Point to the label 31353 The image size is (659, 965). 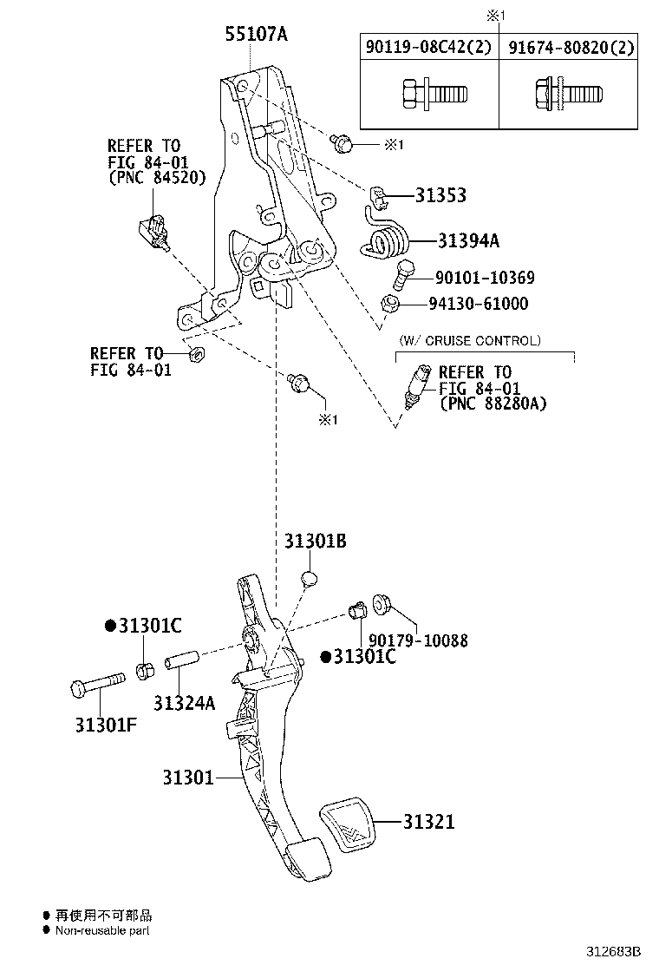click(x=440, y=195)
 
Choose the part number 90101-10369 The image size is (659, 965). click(x=485, y=278)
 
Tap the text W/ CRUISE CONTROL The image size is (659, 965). click(x=470, y=340)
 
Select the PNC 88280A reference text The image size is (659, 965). click(x=493, y=404)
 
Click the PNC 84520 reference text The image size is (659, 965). click(x=157, y=178)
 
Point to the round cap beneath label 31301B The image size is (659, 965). click(x=309, y=579)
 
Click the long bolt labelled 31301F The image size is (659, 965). click(x=98, y=683)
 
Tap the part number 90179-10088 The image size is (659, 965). click(x=418, y=640)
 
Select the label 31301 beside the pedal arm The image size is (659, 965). click(x=188, y=778)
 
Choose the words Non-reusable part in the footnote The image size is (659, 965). click(x=102, y=930)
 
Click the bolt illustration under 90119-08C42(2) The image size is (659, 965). click(x=434, y=95)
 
